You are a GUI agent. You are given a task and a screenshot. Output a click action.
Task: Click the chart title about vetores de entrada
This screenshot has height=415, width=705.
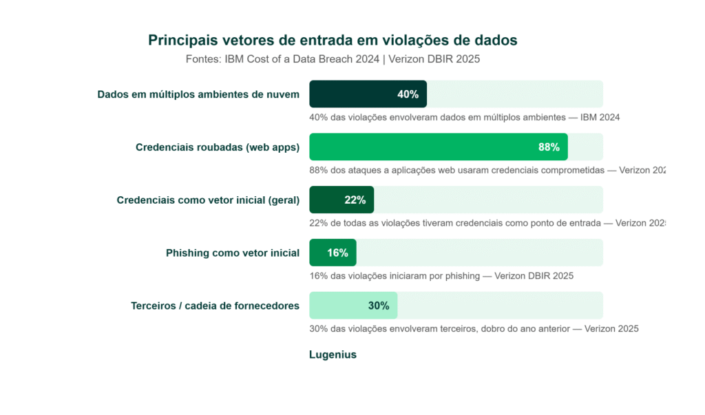click(x=333, y=41)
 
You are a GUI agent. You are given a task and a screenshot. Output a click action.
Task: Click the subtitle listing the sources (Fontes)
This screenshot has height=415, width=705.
click(x=333, y=59)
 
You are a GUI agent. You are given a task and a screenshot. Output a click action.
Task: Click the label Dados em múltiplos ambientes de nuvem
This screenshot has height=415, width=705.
click(x=198, y=94)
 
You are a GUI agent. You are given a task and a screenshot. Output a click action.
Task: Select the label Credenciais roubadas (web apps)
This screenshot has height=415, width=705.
click(x=218, y=147)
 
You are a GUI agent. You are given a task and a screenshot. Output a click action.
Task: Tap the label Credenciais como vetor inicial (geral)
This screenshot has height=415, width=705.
click(x=208, y=200)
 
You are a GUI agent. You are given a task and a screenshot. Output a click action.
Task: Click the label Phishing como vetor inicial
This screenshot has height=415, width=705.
click(x=233, y=253)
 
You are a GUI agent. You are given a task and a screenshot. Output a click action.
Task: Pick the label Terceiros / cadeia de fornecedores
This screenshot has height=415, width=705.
click(x=215, y=306)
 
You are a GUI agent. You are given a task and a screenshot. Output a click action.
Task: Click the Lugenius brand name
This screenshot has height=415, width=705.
click(x=333, y=355)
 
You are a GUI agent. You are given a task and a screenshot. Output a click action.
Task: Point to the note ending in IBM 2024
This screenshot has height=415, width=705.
click(x=465, y=118)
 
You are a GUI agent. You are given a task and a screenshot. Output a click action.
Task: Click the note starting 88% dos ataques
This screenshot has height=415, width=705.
click(x=487, y=170)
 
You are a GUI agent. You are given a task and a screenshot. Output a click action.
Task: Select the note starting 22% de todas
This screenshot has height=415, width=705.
click(x=487, y=223)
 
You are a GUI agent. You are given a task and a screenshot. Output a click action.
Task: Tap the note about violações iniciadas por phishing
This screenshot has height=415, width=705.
click(x=441, y=276)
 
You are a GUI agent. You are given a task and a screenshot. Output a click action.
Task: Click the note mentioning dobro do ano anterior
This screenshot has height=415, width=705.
click(x=474, y=329)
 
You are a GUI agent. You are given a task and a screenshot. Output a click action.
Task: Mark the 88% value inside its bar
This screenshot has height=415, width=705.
click(x=549, y=147)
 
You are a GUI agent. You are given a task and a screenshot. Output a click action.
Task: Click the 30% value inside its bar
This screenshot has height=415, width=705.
click(x=379, y=306)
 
